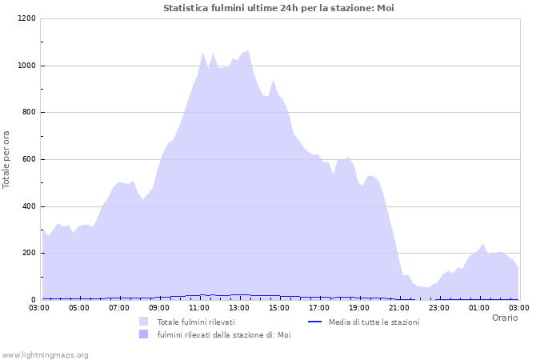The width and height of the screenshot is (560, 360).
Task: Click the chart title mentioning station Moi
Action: click(x=278, y=8)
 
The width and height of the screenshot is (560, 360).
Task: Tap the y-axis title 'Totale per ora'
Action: click(x=7, y=159)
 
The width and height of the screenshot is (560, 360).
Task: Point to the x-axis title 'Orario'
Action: click(x=504, y=318)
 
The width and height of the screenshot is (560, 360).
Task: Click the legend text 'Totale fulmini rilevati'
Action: click(x=196, y=322)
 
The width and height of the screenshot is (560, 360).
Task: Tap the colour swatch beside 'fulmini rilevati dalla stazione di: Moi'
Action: click(x=144, y=334)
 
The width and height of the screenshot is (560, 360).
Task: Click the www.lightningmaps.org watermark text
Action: click(x=46, y=354)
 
